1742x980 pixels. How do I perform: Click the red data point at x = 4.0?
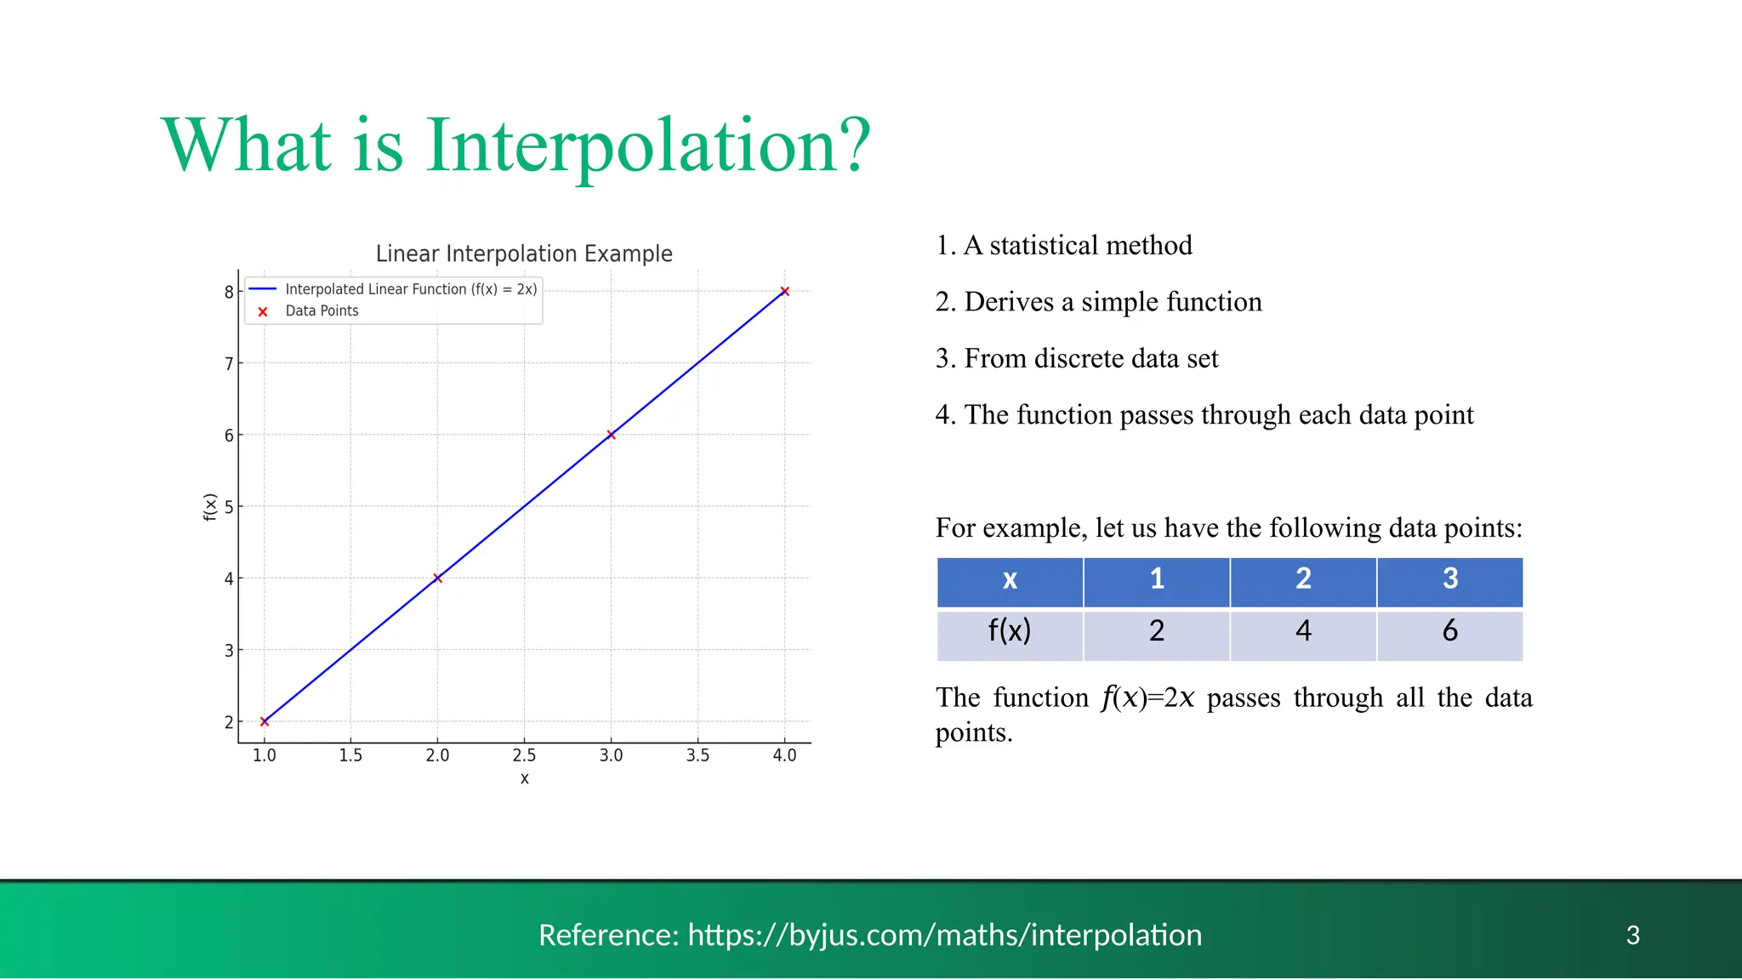point(784,291)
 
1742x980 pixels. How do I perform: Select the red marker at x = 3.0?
point(611,435)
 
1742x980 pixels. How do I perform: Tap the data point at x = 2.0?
point(437,578)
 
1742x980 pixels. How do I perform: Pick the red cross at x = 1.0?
point(265,721)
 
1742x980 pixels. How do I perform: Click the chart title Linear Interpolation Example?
point(524,254)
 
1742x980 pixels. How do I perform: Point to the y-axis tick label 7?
point(228,364)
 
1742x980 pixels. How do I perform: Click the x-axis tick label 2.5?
point(524,755)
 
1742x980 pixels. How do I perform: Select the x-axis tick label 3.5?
point(697,755)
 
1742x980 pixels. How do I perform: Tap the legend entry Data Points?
point(322,311)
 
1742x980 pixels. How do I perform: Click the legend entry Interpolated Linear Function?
point(411,289)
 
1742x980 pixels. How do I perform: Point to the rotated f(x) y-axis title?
point(210,507)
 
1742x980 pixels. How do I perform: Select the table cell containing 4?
point(1303,632)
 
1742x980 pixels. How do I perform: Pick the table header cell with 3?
point(1449,579)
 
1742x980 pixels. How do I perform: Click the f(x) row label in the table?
point(1010,632)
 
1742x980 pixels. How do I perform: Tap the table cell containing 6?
point(1449,632)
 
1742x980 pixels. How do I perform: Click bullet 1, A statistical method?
point(1064,246)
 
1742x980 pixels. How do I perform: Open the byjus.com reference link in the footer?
point(944,935)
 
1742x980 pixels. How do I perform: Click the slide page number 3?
point(1632,935)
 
